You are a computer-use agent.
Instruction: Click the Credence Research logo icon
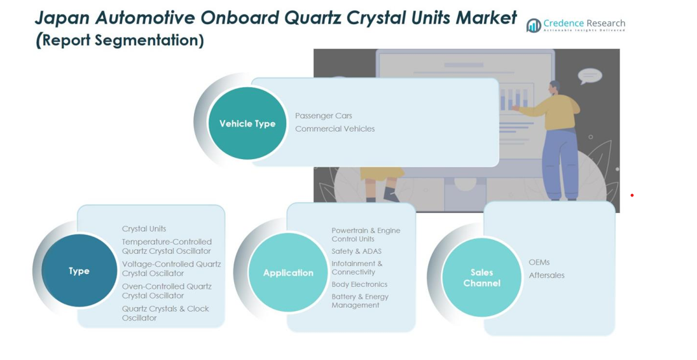pyautogui.click(x=534, y=25)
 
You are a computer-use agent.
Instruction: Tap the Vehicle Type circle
pyautogui.click(x=247, y=123)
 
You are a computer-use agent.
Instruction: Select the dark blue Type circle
pyautogui.click(x=79, y=271)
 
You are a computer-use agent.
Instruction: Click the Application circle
pyautogui.click(x=288, y=272)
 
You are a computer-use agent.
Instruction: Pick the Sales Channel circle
pyautogui.click(x=482, y=278)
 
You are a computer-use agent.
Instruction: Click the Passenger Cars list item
pyautogui.click(x=324, y=116)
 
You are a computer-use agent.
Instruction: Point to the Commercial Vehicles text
pyautogui.click(x=335, y=129)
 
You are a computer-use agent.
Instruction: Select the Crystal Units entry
pyautogui.click(x=144, y=229)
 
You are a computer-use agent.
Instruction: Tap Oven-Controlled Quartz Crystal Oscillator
pyautogui.click(x=167, y=291)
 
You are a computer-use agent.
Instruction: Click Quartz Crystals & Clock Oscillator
pyautogui.click(x=165, y=314)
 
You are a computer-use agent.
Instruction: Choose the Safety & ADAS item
pyautogui.click(x=357, y=252)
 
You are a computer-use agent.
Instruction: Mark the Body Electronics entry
pyautogui.click(x=359, y=284)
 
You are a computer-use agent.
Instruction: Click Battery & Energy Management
pyautogui.click(x=360, y=301)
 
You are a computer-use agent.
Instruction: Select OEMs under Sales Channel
pyautogui.click(x=539, y=262)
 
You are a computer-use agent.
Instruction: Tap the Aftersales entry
pyautogui.click(x=547, y=275)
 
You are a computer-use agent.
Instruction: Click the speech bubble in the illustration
pyautogui.click(x=590, y=76)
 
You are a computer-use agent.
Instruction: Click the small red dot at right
pyautogui.click(x=631, y=195)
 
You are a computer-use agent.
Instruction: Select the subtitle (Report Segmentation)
pyautogui.click(x=120, y=40)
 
